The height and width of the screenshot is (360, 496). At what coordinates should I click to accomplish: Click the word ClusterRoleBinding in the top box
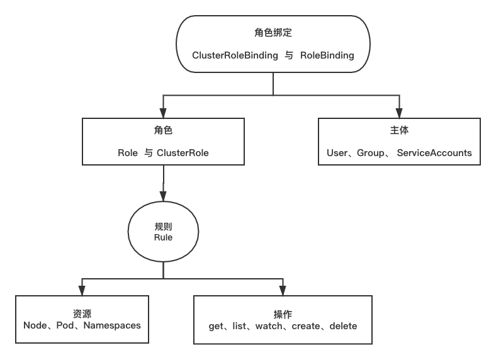pos(235,55)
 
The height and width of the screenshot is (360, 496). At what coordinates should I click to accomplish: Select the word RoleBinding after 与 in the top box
pos(327,55)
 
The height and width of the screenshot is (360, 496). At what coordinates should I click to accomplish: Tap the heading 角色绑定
pos(273,33)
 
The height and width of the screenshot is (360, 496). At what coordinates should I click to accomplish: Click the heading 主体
pos(399,130)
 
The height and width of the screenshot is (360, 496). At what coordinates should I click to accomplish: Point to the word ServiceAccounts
pos(434,153)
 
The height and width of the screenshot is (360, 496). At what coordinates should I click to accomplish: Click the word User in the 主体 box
pos(339,153)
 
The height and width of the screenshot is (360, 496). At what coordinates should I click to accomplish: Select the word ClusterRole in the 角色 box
pos(183,153)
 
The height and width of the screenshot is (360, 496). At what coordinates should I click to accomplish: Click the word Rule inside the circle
pos(163,237)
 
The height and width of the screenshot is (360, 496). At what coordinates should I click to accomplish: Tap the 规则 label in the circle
pos(163,226)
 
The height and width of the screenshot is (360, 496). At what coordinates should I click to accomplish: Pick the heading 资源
pos(82,313)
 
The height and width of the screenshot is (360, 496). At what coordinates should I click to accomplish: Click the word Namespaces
pos(112,325)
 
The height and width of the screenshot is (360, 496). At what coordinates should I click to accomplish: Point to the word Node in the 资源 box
pos(35,325)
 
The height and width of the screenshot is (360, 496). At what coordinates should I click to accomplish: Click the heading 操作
pos(283,314)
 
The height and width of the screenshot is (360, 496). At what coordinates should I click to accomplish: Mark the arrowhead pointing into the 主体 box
pos(399,112)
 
